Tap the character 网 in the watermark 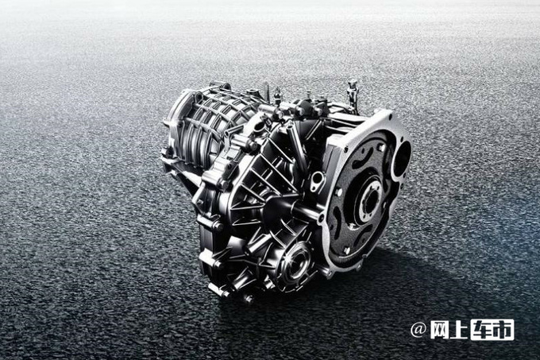[x=440, y=330]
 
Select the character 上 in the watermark [x=459, y=330]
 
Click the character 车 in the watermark [x=481, y=330]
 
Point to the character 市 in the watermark [x=503, y=330]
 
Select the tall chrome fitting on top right [x=353, y=93]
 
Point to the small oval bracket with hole [x=317, y=181]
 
